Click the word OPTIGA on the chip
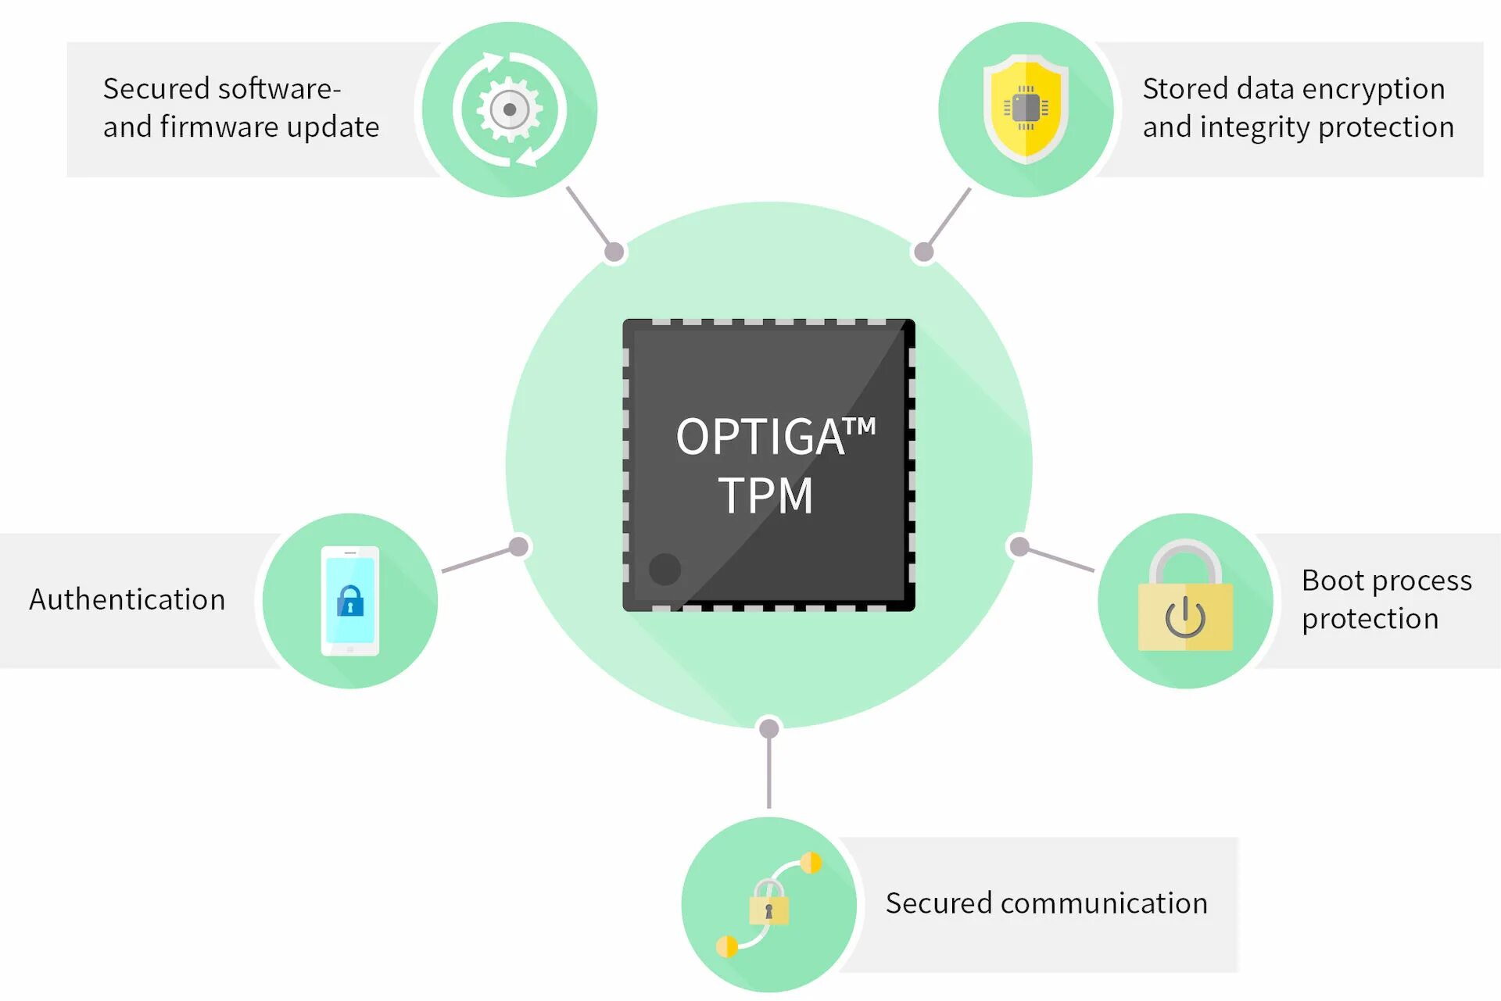click(759, 437)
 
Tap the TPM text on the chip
click(766, 495)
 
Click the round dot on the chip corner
click(665, 569)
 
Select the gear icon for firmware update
click(510, 109)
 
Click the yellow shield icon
click(1026, 109)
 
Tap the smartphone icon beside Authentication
click(350, 600)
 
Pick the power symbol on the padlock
click(1185, 617)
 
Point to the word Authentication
click(127, 599)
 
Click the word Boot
click(1332, 581)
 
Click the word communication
click(1104, 903)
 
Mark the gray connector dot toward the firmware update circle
click(614, 252)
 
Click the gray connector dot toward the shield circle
click(924, 252)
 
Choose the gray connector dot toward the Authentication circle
click(519, 546)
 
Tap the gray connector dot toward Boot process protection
click(1019, 546)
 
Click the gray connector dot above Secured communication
click(769, 728)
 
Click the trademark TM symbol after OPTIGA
click(860, 427)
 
